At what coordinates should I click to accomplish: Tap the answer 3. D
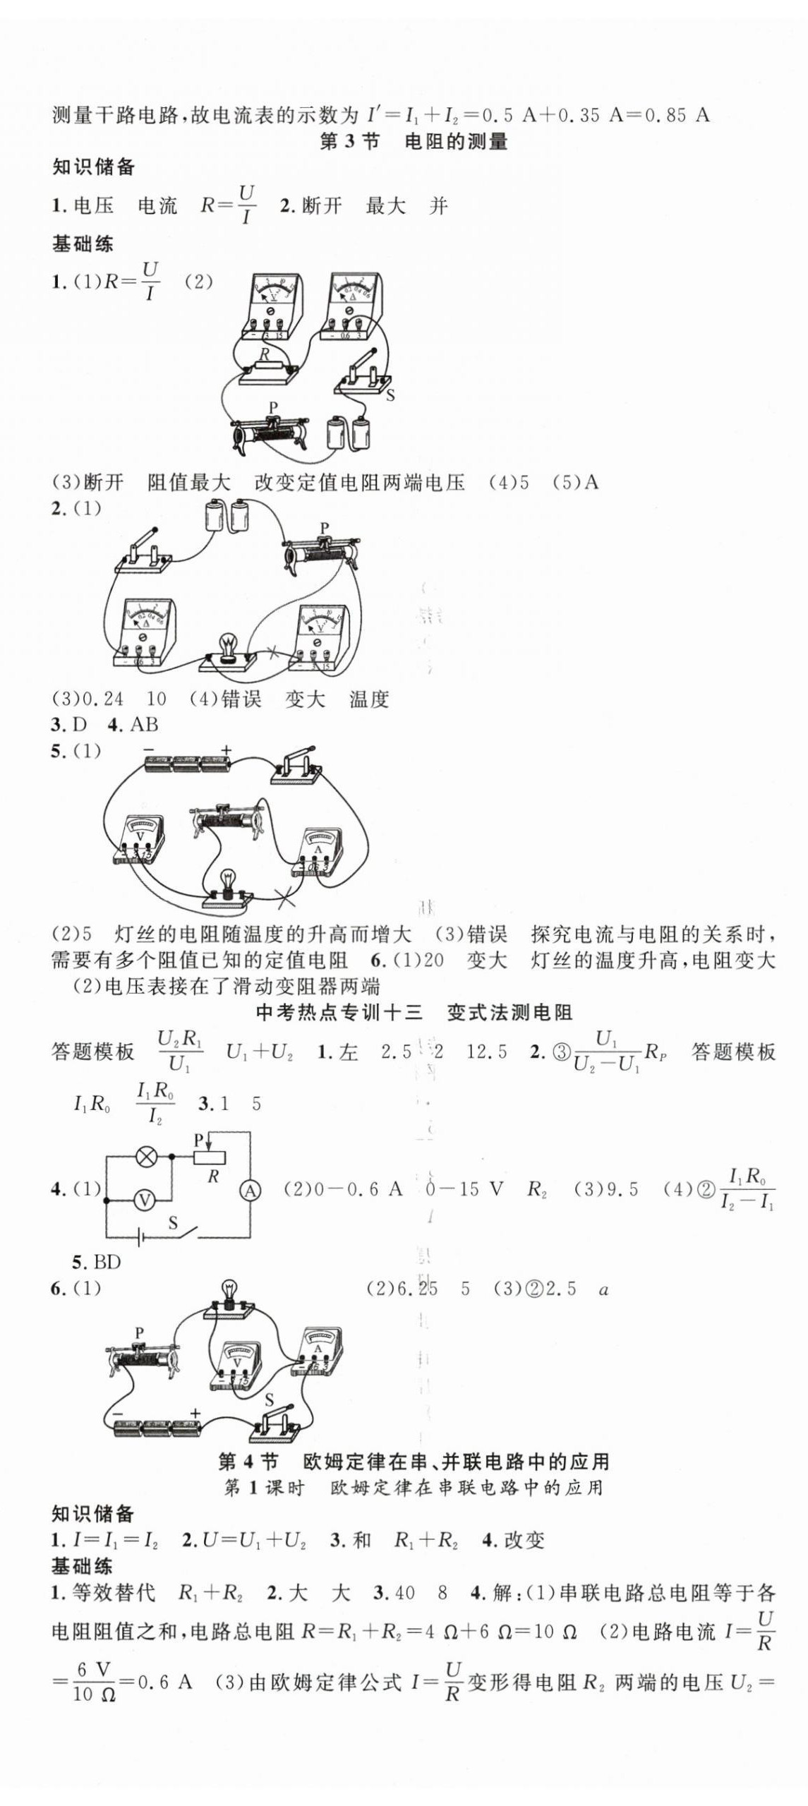pos(68,724)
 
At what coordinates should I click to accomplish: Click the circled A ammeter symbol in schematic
pos(250,1191)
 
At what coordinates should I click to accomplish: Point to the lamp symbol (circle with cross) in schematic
pos(146,1157)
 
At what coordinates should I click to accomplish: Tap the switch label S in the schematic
pos(173,1223)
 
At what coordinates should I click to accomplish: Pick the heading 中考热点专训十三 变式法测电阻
pos(414,1013)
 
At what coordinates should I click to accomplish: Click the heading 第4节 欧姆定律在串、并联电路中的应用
pos(414,1460)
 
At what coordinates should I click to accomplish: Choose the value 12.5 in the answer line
pos(486,1052)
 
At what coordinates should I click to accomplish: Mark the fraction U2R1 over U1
pos(179,1051)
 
